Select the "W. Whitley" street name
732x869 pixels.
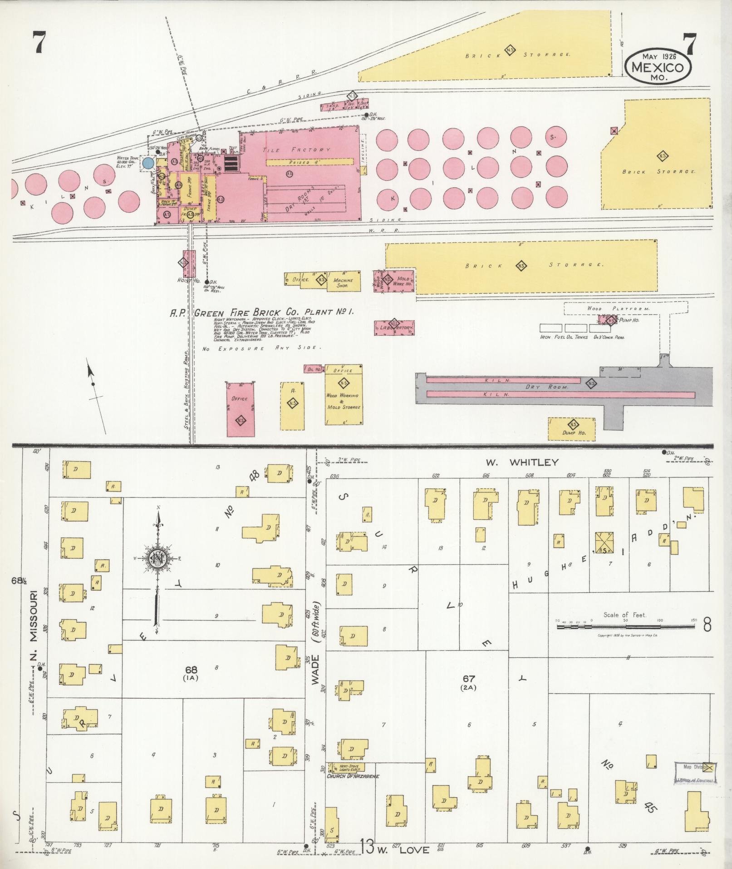522,462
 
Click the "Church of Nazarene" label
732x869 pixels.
353,776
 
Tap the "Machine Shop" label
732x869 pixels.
344,283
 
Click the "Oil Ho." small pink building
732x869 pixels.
314,369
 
